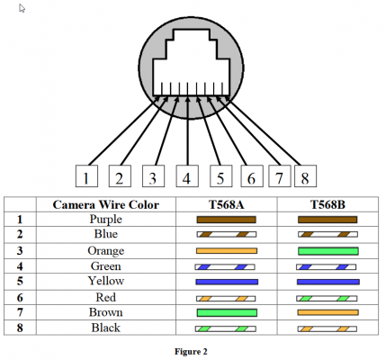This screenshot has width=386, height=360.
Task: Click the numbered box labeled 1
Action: (x=86, y=176)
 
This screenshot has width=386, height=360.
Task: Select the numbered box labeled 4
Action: (x=187, y=176)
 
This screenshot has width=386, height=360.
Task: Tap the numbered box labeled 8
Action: (x=305, y=176)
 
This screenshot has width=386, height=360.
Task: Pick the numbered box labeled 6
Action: (x=252, y=176)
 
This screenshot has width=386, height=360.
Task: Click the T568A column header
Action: (x=227, y=204)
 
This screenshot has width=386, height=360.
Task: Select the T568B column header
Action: (x=328, y=204)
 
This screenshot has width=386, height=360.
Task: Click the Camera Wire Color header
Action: (x=106, y=204)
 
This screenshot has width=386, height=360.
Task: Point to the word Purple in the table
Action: (x=106, y=220)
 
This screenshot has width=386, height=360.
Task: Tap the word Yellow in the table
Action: (x=106, y=281)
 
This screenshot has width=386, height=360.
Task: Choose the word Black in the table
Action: (x=106, y=328)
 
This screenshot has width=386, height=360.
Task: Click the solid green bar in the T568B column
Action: (x=328, y=251)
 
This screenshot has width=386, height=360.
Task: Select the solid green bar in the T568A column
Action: (x=227, y=313)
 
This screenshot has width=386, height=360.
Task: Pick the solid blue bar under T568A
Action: (x=227, y=282)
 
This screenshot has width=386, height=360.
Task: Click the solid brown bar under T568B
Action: (x=328, y=220)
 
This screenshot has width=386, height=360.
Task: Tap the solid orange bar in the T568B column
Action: (x=328, y=312)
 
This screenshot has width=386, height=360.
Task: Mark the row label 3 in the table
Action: (x=20, y=251)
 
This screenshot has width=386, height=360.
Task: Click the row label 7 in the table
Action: (x=20, y=312)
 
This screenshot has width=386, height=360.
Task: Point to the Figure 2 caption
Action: (x=191, y=351)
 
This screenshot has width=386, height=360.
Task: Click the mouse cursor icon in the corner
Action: (x=22, y=8)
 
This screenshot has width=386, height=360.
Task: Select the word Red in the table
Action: (x=106, y=297)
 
